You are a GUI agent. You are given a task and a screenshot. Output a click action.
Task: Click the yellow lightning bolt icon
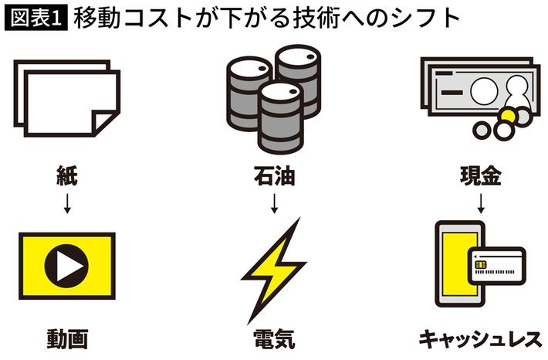point(273,264)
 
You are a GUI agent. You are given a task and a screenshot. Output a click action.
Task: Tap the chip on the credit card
point(481,266)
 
